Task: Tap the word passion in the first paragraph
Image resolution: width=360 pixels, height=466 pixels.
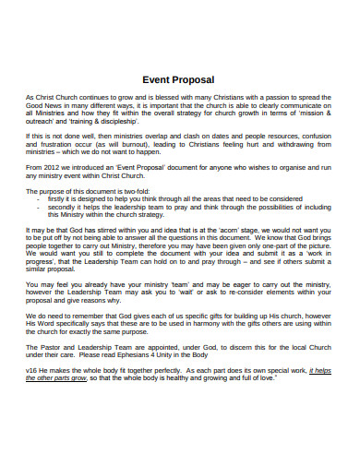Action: tap(264, 96)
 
